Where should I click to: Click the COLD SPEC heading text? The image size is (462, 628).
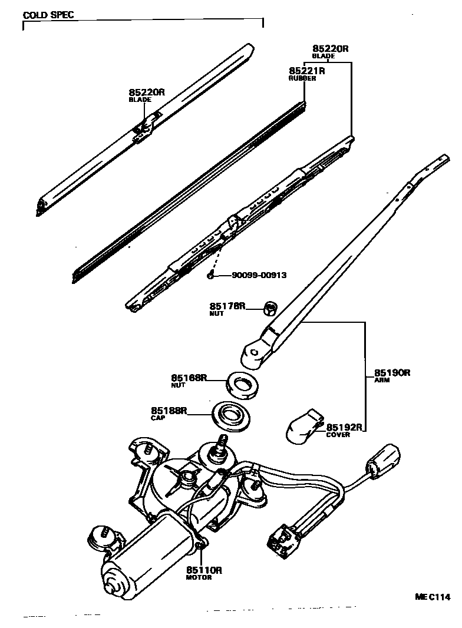(x=48, y=14)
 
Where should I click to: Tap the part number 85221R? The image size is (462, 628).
(x=306, y=71)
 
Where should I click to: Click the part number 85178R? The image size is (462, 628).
(x=227, y=306)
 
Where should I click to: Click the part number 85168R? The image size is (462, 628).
(x=189, y=378)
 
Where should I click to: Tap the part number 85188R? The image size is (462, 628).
(x=169, y=410)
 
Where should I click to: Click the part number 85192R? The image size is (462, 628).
(x=344, y=427)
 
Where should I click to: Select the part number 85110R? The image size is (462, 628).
(x=204, y=570)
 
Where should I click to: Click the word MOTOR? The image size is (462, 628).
(x=199, y=577)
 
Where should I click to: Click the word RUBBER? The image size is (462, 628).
(x=302, y=78)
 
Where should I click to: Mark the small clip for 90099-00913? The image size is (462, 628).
(x=210, y=275)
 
